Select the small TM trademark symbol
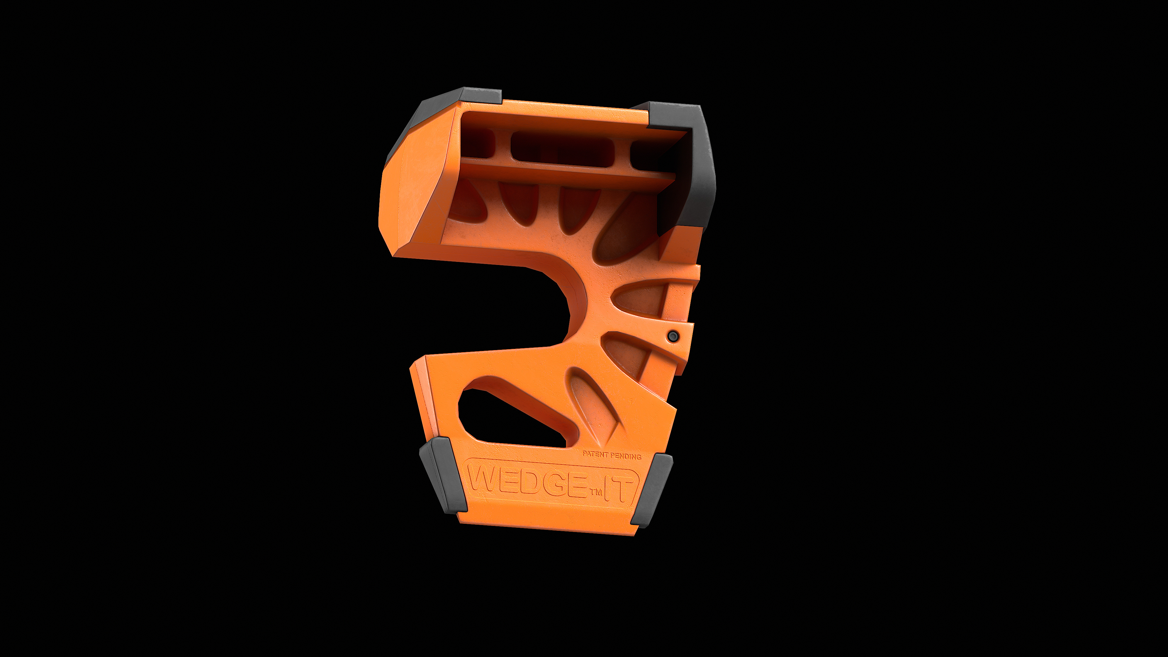[x=596, y=492]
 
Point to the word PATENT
[x=595, y=454]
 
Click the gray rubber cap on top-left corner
[x=435, y=113]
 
